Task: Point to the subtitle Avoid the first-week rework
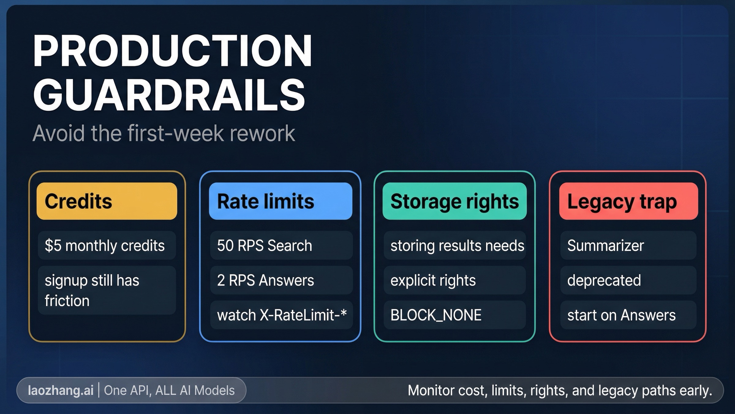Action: coord(164,133)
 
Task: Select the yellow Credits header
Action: coord(107,201)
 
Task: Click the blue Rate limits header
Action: coord(280,201)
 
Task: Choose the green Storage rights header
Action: coord(454,201)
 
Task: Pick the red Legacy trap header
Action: coord(628,201)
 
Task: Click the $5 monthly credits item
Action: coord(107,246)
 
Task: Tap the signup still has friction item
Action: coord(107,290)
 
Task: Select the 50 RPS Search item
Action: coord(281,246)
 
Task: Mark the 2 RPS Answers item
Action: coord(281,280)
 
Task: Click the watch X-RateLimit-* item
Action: coord(281,315)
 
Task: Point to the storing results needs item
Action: coord(455,246)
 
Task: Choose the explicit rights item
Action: coord(455,280)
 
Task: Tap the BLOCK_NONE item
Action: coord(455,315)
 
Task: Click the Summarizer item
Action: coord(628,246)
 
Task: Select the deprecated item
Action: coord(628,280)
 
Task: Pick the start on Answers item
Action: coord(628,315)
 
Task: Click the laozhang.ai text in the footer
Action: coord(61,390)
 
